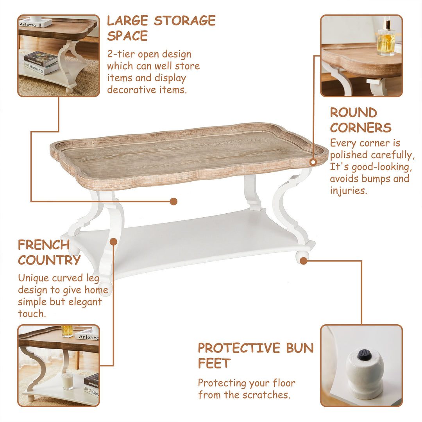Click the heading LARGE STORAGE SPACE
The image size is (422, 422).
pyautogui.click(x=161, y=28)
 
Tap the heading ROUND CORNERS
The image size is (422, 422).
pyautogui.click(x=360, y=120)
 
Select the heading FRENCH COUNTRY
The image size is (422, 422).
pyautogui.click(x=49, y=252)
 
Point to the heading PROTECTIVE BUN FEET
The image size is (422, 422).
pyautogui.click(x=256, y=355)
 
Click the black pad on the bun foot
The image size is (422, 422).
pyautogui.click(x=364, y=354)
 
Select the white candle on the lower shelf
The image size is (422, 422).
pyautogui.click(x=68, y=381)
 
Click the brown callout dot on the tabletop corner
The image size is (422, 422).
pyautogui.click(x=313, y=161)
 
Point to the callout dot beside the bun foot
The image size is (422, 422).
pyautogui.click(x=303, y=261)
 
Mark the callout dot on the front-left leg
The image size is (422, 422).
pyautogui.click(x=113, y=242)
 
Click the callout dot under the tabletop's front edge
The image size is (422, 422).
pyautogui.click(x=173, y=201)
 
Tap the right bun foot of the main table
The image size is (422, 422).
pyautogui.click(x=302, y=257)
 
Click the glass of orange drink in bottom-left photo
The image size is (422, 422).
pyautogui.click(x=67, y=331)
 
